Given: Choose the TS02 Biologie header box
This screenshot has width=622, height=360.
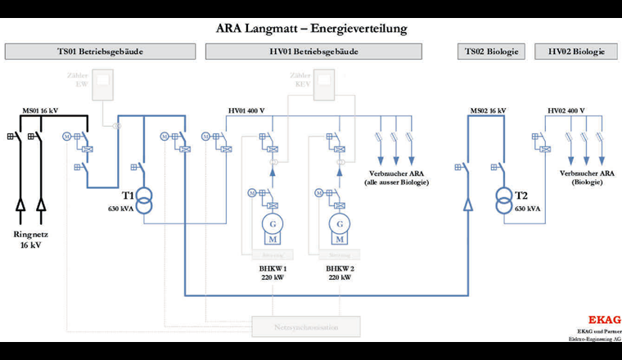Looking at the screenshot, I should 491,52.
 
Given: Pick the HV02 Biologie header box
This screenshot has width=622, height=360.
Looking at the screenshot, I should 576,52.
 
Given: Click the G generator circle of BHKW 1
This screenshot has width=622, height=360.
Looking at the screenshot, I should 269,224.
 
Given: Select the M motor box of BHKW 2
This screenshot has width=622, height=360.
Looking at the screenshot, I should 337,239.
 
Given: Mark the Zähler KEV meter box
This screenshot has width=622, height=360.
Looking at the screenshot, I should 325,85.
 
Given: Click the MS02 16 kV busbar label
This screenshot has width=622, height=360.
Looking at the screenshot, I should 488,110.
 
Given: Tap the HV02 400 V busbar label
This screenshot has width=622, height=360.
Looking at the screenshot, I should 566,110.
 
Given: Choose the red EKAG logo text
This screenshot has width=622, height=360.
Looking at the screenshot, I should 605,320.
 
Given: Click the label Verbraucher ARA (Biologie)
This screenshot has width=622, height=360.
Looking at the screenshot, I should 587,178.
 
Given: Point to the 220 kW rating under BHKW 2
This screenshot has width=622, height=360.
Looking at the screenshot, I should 339,277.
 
